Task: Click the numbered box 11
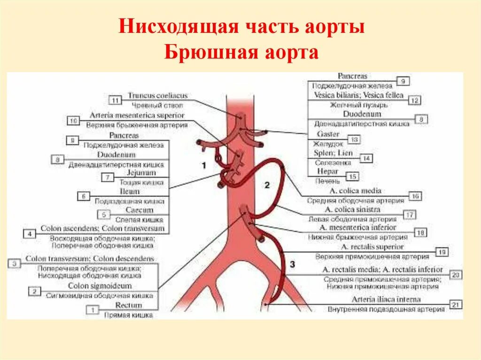115,100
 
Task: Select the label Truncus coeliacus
151,96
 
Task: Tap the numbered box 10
73,121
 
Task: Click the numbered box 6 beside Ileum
84,197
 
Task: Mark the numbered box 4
29,233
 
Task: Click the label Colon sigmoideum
100,286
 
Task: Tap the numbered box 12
414,100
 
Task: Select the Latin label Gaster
328,134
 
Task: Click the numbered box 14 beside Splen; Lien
365,159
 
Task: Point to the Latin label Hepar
327,172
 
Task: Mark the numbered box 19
441,252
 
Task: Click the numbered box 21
455,305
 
